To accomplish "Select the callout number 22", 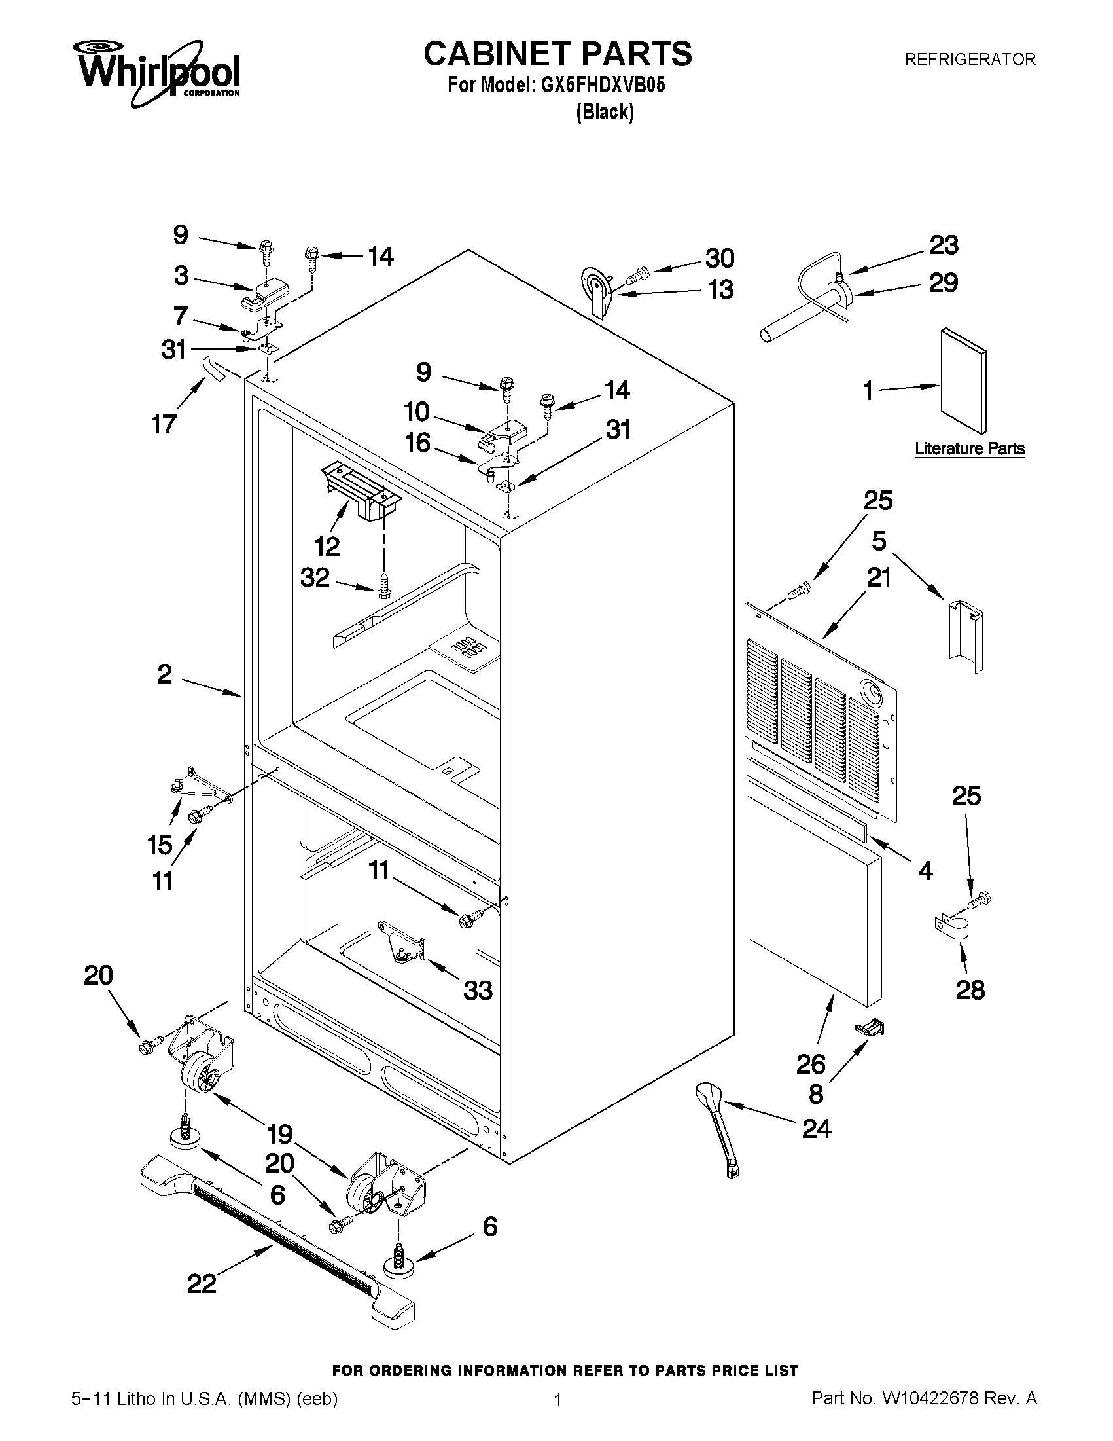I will (202, 1283).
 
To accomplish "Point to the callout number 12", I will (327, 545).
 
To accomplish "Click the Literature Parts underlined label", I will (969, 448).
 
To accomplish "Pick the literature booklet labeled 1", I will (964, 382).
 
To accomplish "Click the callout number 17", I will (164, 424).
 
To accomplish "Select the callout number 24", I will (817, 1128).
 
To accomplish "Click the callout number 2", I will (165, 674).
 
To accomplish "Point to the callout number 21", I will (879, 577).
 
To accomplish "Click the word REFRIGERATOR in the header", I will (969, 60).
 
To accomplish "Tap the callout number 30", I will (719, 258).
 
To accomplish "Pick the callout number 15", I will (160, 845).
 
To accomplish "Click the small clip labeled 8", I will (870, 1027).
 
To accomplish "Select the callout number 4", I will (926, 871).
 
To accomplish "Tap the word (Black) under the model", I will (605, 112).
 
